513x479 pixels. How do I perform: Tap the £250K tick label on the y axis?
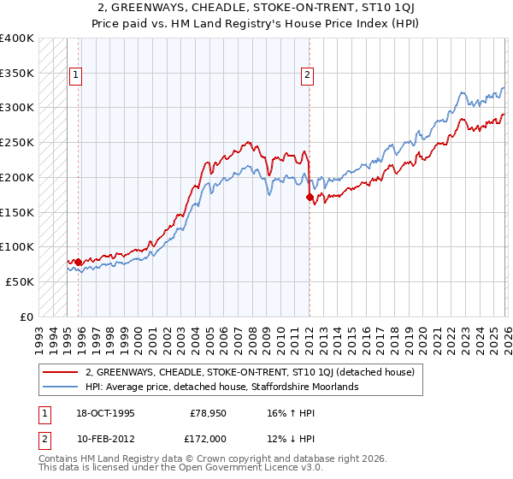17,142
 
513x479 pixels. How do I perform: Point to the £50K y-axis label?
20,281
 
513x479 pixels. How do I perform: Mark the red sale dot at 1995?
78,262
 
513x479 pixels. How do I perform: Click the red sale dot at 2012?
310,197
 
